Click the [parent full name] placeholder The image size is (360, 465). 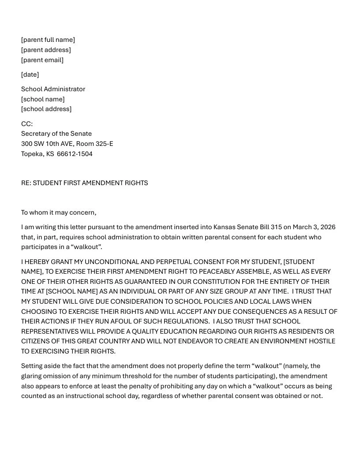tap(48, 40)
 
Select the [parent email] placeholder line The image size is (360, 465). tap(42, 60)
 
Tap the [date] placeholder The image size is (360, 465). tap(30, 74)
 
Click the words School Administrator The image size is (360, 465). tap(53, 89)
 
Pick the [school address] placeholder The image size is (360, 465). tap(46, 109)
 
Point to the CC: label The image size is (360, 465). tap(27, 124)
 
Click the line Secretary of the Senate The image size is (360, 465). tap(56, 134)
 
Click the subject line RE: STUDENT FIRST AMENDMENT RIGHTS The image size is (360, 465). tap(84, 183)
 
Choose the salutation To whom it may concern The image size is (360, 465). tap(59, 212)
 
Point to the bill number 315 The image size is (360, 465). tap(275, 227)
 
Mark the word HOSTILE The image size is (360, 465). tap(321, 341)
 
